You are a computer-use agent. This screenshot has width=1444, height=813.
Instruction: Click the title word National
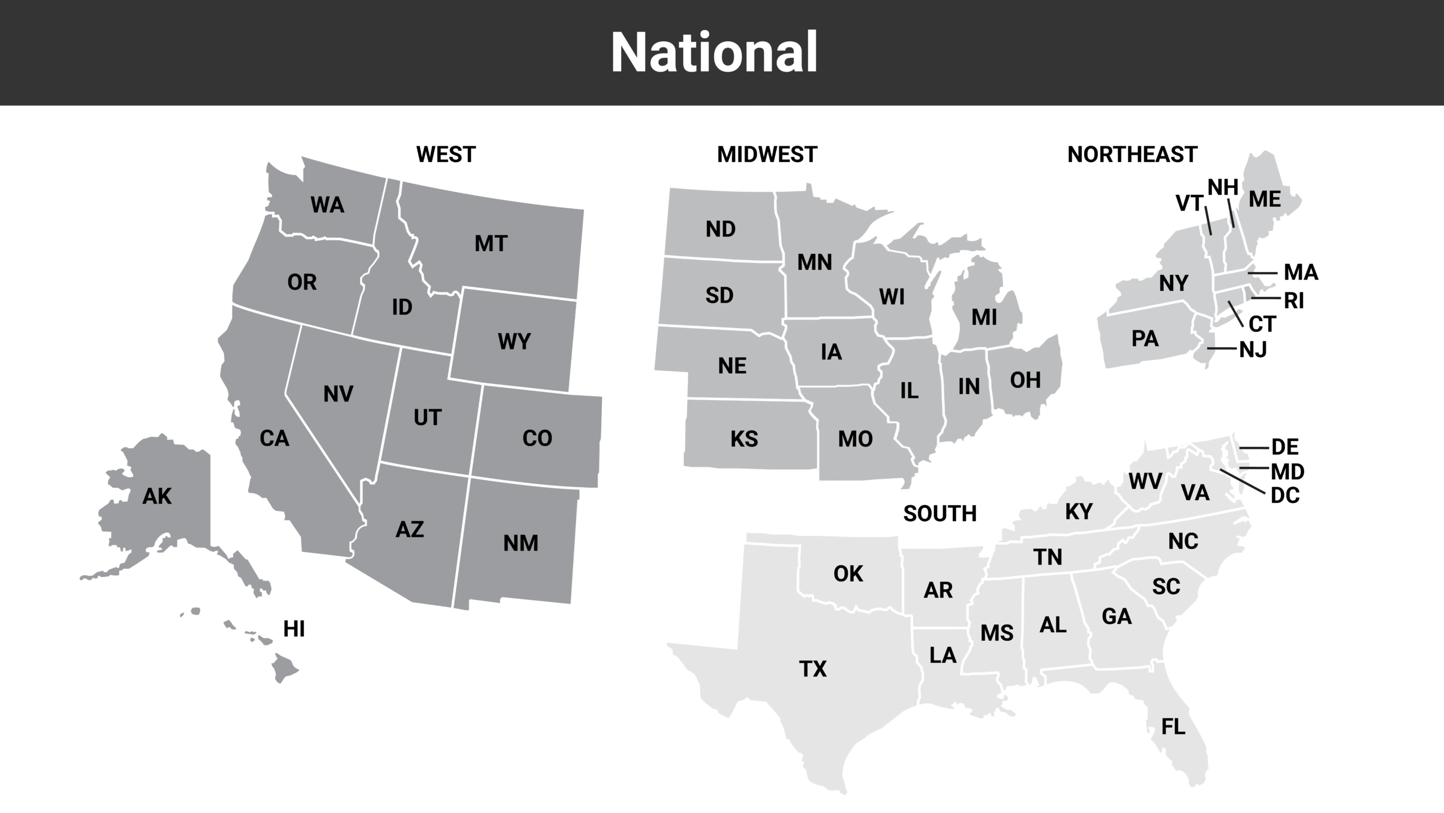click(x=714, y=53)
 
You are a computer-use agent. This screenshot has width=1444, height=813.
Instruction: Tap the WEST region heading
click(x=446, y=154)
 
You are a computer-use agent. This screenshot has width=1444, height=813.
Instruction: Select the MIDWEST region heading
click(x=767, y=154)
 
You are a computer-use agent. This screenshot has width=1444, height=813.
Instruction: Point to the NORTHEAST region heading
click(x=1132, y=154)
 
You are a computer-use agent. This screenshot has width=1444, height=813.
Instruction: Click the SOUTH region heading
click(x=940, y=513)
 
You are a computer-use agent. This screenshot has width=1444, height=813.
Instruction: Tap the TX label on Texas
click(x=813, y=669)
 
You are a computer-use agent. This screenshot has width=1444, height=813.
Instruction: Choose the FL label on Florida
click(x=1173, y=727)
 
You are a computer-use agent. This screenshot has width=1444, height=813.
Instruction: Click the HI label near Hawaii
click(x=294, y=629)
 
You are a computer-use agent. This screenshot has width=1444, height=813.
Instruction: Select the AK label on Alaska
click(x=157, y=496)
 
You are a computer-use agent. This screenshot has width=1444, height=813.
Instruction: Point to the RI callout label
click(x=1294, y=301)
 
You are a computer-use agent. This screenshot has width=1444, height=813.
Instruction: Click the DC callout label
click(x=1285, y=495)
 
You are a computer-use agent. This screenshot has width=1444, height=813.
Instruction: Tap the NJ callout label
click(x=1253, y=350)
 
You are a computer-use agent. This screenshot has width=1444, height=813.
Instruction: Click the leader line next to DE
click(x=1253, y=448)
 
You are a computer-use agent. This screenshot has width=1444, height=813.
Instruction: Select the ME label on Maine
click(x=1265, y=199)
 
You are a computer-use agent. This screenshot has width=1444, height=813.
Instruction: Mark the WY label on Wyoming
click(x=514, y=342)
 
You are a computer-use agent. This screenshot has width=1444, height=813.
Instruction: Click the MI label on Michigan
click(x=984, y=318)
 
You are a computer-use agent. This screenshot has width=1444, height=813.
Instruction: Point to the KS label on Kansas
click(x=744, y=439)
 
